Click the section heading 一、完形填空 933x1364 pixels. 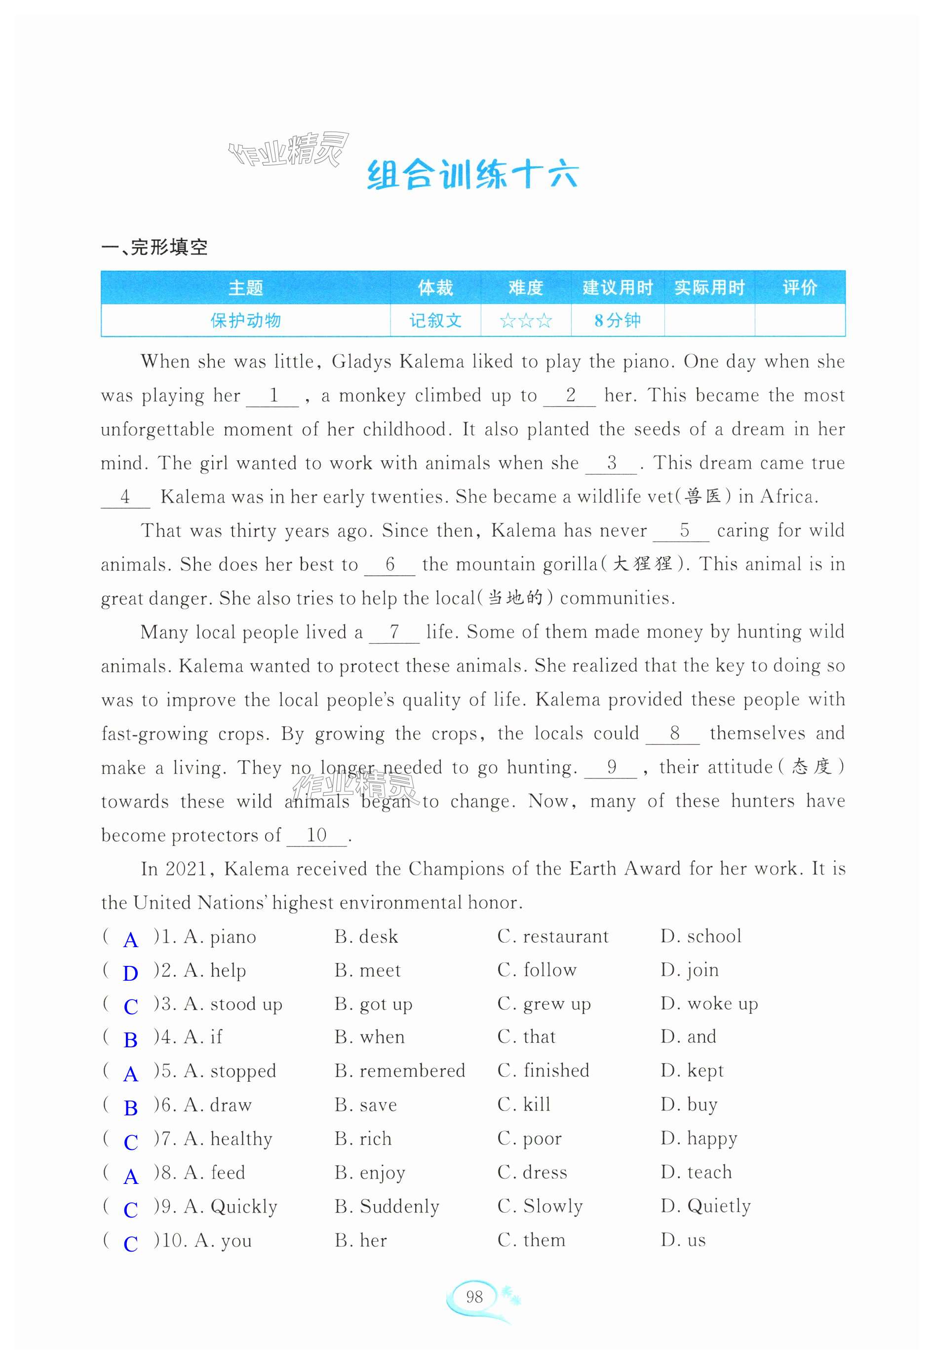[x=155, y=248]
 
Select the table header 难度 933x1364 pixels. [x=526, y=288]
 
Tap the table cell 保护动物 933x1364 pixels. [x=245, y=321]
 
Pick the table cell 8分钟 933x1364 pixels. [x=617, y=321]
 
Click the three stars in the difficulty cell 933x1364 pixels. [x=526, y=321]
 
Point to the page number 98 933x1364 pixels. [x=474, y=1296]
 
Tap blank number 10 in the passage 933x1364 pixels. [x=316, y=835]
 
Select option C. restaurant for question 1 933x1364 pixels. [x=552, y=936]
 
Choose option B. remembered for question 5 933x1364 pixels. [x=400, y=1070]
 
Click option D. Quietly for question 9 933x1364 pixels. [x=705, y=1206]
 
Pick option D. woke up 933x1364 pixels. [x=709, y=1003]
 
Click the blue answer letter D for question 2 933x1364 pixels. [x=130, y=973]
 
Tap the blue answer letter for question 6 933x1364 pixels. [x=130, y=1107]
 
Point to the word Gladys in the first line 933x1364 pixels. [x=361, y=361]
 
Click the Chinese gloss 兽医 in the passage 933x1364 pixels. [x=703, y=497]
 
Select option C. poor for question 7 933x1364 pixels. [x=529, y=1139]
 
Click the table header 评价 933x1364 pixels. [x=799, y=288]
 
